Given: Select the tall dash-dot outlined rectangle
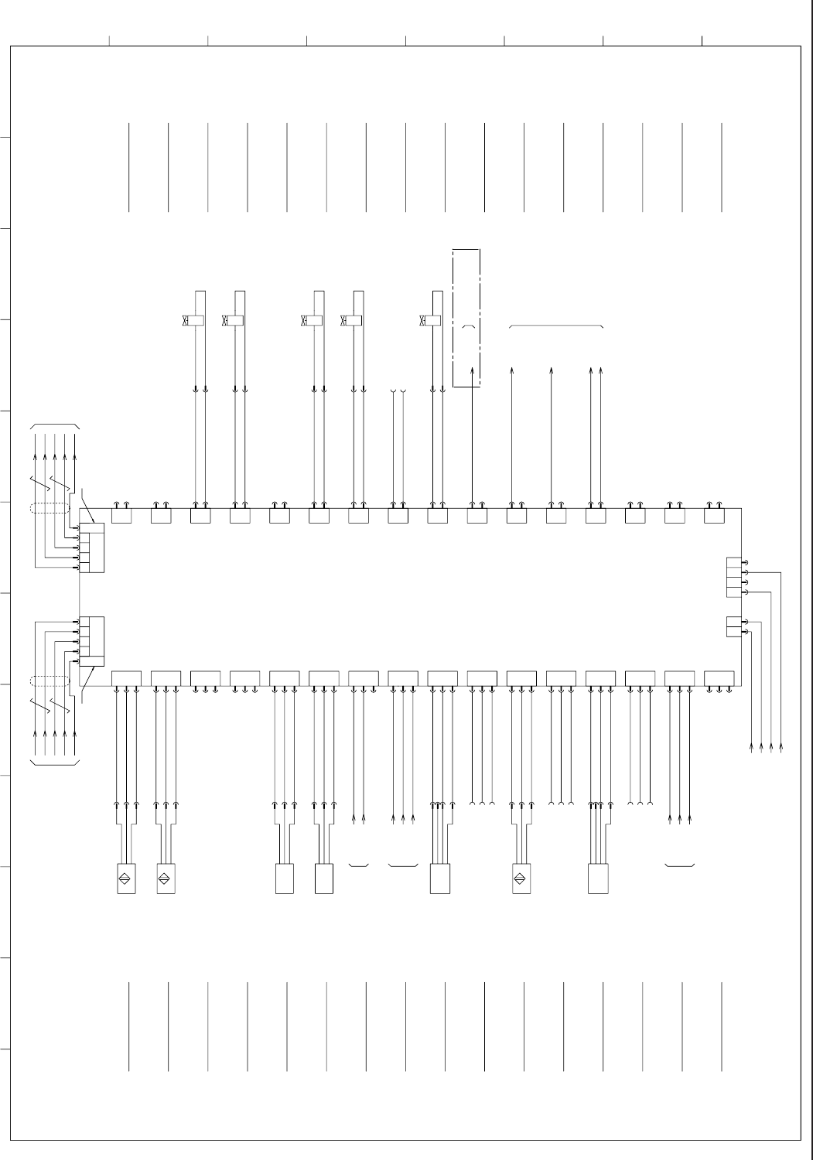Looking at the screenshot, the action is coord(466,318).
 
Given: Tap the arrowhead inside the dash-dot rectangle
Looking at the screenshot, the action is coord(473,371).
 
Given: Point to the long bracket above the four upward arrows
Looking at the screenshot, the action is coord(556,327).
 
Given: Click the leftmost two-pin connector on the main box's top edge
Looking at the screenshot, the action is coord(121,516).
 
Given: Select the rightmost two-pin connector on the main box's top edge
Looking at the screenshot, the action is coord(714,516).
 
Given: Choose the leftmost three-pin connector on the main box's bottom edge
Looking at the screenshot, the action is coord(126,677).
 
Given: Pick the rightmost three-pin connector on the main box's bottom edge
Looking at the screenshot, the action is coord(719,677).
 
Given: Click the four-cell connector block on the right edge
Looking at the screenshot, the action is coord(734,578).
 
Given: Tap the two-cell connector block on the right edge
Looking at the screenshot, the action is coord(734,626).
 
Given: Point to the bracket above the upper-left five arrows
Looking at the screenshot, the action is coord(54,425).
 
